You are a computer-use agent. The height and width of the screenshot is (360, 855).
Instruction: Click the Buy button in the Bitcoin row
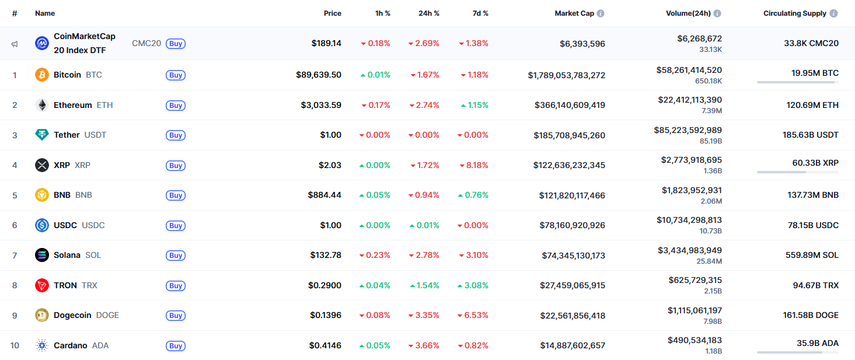pyautogui.click(x=176, y=75)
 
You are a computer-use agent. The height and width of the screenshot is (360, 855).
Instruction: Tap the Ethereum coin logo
pyautogui.click(x=41, y=105)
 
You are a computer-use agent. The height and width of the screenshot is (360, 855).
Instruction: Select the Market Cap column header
pyautogui.click(x=574, y=13)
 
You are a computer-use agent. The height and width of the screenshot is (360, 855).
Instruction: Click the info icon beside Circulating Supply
pyautogui.click(x=834, y=13)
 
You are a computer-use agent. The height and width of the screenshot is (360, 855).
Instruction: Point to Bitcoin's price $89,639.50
pyautogui.click(x=319, y=75)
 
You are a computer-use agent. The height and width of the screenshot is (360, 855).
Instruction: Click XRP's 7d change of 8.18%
pyautogui.click(x=473, y=165)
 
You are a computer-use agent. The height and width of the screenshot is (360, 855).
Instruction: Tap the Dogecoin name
pyautogui.click(x=72, y=315)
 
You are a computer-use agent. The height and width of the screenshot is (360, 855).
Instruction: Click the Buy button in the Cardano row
pyautogui.click(x=176, y=346)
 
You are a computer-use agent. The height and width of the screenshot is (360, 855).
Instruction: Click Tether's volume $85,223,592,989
pyautogui.click(x=688, y=130)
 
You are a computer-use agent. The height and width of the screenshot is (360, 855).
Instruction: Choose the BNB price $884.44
pyautogui.click(x=324, y=195)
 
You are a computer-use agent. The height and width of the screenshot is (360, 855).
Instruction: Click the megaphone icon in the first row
pyautogui.click(x=15, y=44)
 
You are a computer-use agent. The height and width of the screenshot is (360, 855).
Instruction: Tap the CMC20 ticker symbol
pyautogui.click(x=146, y=43)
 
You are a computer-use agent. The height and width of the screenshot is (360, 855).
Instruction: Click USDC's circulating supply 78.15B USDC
pyautogui.click(x=812, y=225)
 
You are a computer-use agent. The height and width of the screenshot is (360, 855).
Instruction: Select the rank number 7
pyautogui.click(x=15, y=255)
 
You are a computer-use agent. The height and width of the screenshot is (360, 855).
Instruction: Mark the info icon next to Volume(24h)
pyautogui.click(x=717, y=13)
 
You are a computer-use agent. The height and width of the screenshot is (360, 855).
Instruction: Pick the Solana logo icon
pyautogui.click(x=41, y=255)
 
